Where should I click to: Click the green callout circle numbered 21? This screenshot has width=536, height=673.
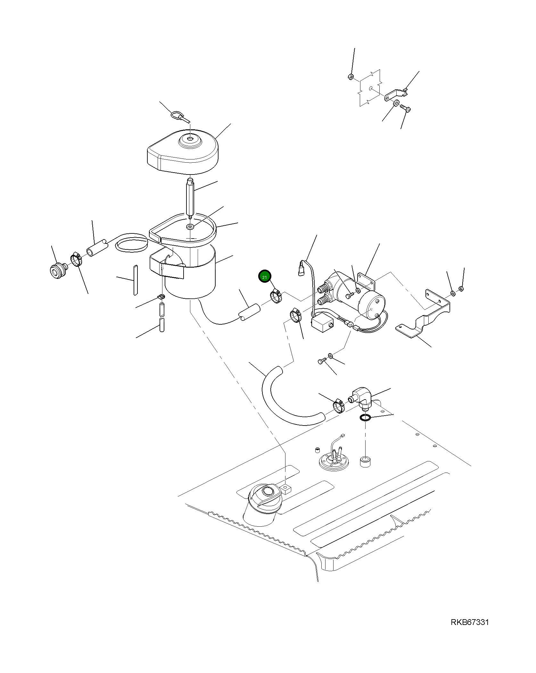265,277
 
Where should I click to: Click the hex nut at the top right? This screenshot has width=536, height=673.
350,77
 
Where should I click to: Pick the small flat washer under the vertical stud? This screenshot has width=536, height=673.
190,227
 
